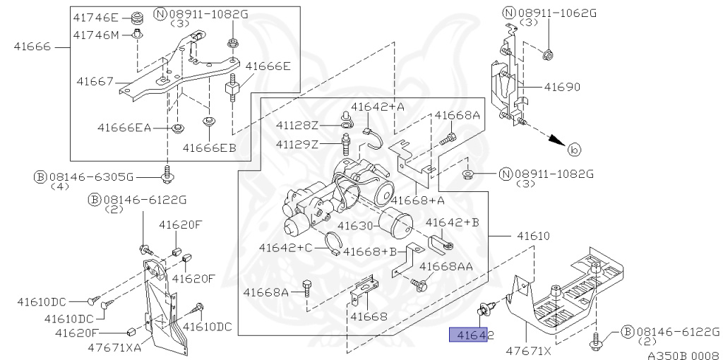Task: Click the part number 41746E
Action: click(x=95, y=18)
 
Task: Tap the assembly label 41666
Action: click(x=32, y=47)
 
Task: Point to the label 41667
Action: click(x=95, y=82)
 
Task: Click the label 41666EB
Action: click(x=209, y=148)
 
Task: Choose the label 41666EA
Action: click(x=124, y=127)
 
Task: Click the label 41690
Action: click(x=562, y=87)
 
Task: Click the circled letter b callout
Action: click(x=573, y=150)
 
